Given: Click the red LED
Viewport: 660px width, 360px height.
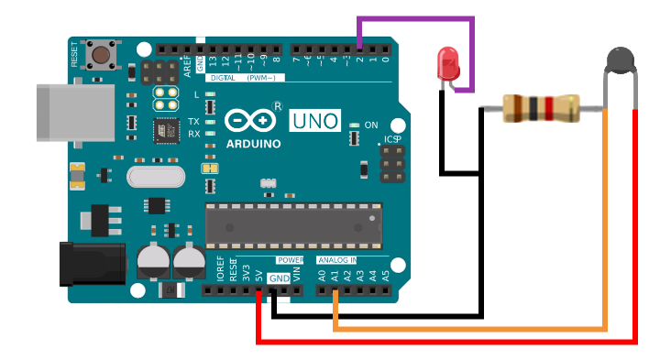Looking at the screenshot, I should click(x=448, y=63).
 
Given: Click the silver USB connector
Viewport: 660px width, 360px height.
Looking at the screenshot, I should click(x=64, y=113).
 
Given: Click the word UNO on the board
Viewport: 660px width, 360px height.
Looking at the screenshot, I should click(x=314, y=120).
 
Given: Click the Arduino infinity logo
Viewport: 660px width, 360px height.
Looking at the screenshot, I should click(x=249, y=120).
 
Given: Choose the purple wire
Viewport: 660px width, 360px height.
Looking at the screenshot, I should click(x=417, y=18).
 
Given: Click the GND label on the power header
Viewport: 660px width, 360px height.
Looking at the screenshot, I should click(x=279, y=278).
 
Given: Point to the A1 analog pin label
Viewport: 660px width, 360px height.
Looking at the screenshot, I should click(x=335, y=274).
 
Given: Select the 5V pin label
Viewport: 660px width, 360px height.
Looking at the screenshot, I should click(x=259, y=275).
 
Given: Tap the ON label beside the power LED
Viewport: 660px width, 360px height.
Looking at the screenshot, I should click(x=371, y=125).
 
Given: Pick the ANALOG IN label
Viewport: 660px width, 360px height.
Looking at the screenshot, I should click(x=337, y=260).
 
